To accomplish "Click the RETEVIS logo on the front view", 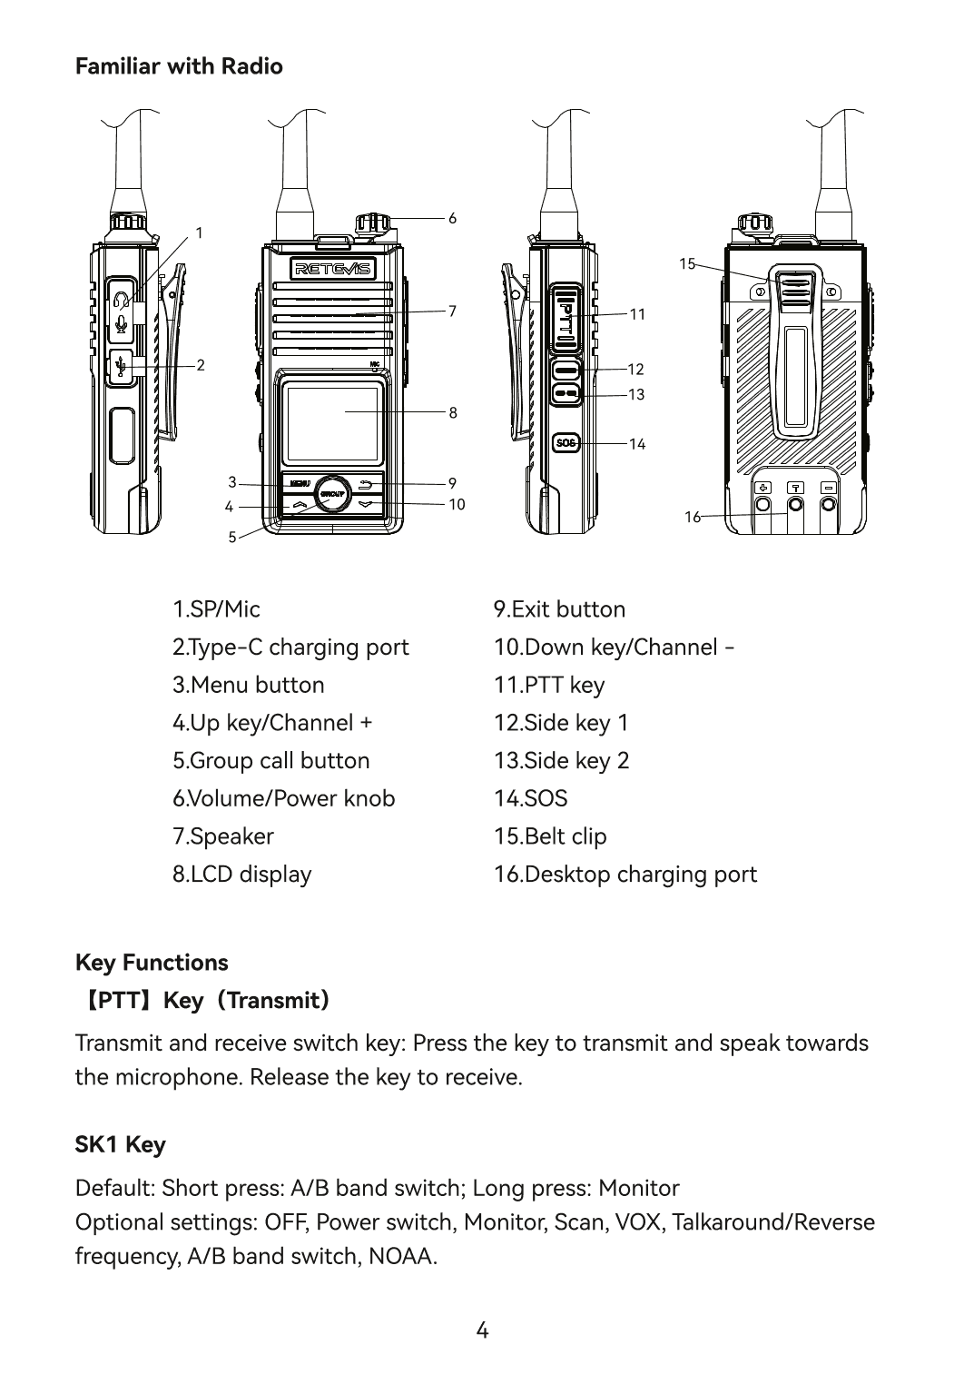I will pyautogui.click(x=331, y=269).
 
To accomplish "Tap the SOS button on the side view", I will pyautogui.click(x=566, y=442).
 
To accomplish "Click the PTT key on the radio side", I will pyautogui.click(x=566, y=318).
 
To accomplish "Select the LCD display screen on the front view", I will pyautogui.click(x=331, y=424).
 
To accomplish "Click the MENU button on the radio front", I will pyautogui.click(x=299, y=483).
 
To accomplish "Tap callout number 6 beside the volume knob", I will pyautogui.click(x=452, y=219).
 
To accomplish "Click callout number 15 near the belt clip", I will pyautogui.click(x=687, y=264).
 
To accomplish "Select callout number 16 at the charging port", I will pyautogui.click(x=693, y=517).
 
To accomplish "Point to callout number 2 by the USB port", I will pyautogui.click(x=201, y=365).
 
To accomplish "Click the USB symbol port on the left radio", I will pyautogui.click(x=121, y=365).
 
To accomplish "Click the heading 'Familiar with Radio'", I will pyautogui.click(x=179, y=66).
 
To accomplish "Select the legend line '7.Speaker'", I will pyautogui.click(x=223, y=835).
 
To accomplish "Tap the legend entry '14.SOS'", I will pyautogui.click(x=530, y=798).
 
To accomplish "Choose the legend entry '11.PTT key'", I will pyautogui.click(x=549, y=685).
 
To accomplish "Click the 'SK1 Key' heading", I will pyautogui.click(x=121, y=1144).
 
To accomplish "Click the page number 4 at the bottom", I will pyautogui.click(x=482, y=1331).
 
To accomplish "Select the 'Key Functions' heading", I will pyautogui.click(x=152, y=962).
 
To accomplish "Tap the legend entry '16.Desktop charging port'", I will pyautogui.click(x=625, y=874).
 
